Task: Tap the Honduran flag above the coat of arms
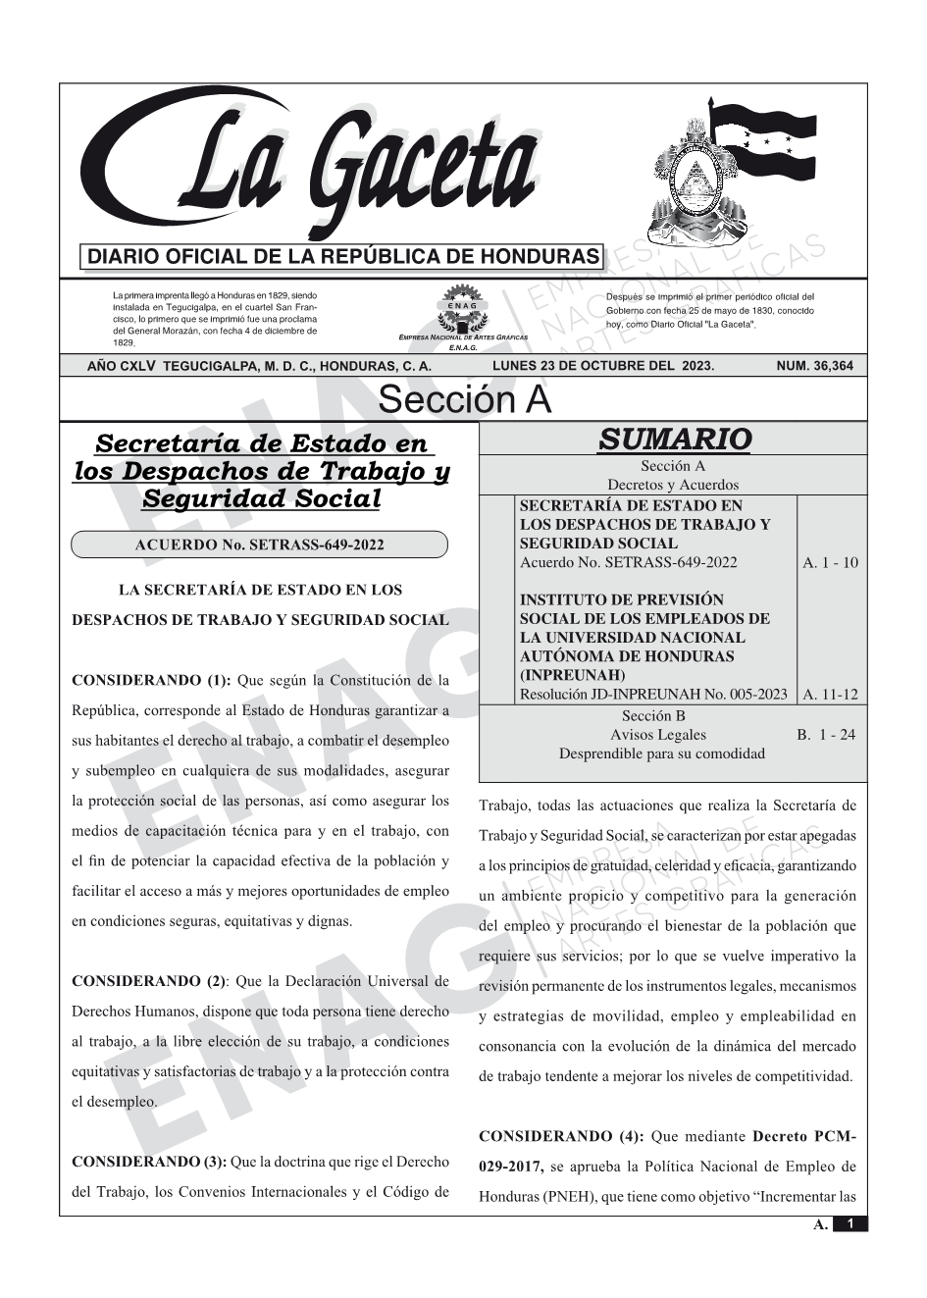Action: pos(759,136)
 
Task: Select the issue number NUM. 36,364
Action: pos(814,367)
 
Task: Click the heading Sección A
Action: pos(464,400)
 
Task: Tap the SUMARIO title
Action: pos(674,440)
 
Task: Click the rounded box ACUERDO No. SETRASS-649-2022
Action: pos(260,545)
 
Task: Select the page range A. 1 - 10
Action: pos(830,562)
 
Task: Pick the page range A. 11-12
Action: pos(830,695)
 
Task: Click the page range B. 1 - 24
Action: pos(825,734)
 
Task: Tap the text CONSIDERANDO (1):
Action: pos(151,680)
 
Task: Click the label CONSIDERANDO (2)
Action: pos(149,980)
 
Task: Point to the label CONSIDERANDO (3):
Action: pos(149,1162)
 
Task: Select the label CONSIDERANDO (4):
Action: pos(561,1136)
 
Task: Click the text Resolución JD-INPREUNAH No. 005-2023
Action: pos(652,695)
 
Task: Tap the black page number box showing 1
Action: pos(850,1224)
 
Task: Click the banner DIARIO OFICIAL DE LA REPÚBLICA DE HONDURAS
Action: pos(342,257)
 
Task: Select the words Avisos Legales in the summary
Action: pos(657,734)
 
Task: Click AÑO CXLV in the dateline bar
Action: pos(123,367)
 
